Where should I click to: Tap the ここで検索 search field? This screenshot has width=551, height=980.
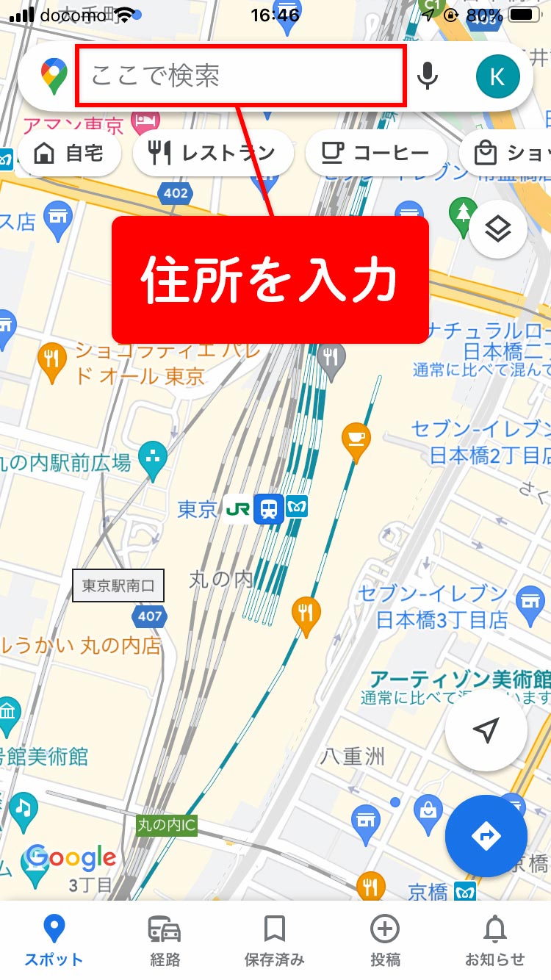[241, 76]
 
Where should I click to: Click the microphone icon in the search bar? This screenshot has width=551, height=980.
[427, 76]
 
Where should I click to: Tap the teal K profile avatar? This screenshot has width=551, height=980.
[497, 76]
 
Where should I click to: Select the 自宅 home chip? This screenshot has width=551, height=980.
[68, 154]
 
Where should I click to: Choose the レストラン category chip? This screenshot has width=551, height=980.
[213, 154]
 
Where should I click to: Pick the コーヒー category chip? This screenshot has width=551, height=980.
[376, 154]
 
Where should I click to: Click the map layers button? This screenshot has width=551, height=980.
[498, 229]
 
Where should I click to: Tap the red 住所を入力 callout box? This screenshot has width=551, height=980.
[270, 280]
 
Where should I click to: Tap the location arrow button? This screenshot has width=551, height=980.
[486, 730]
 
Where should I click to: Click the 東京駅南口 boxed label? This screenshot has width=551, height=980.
[118, 586]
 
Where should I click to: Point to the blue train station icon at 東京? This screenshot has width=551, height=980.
[269, 508]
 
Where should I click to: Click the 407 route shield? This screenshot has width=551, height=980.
[150, 616]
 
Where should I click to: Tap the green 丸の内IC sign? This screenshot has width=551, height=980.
[167, 825]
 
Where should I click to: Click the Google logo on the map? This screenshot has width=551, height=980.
[71, 857]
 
